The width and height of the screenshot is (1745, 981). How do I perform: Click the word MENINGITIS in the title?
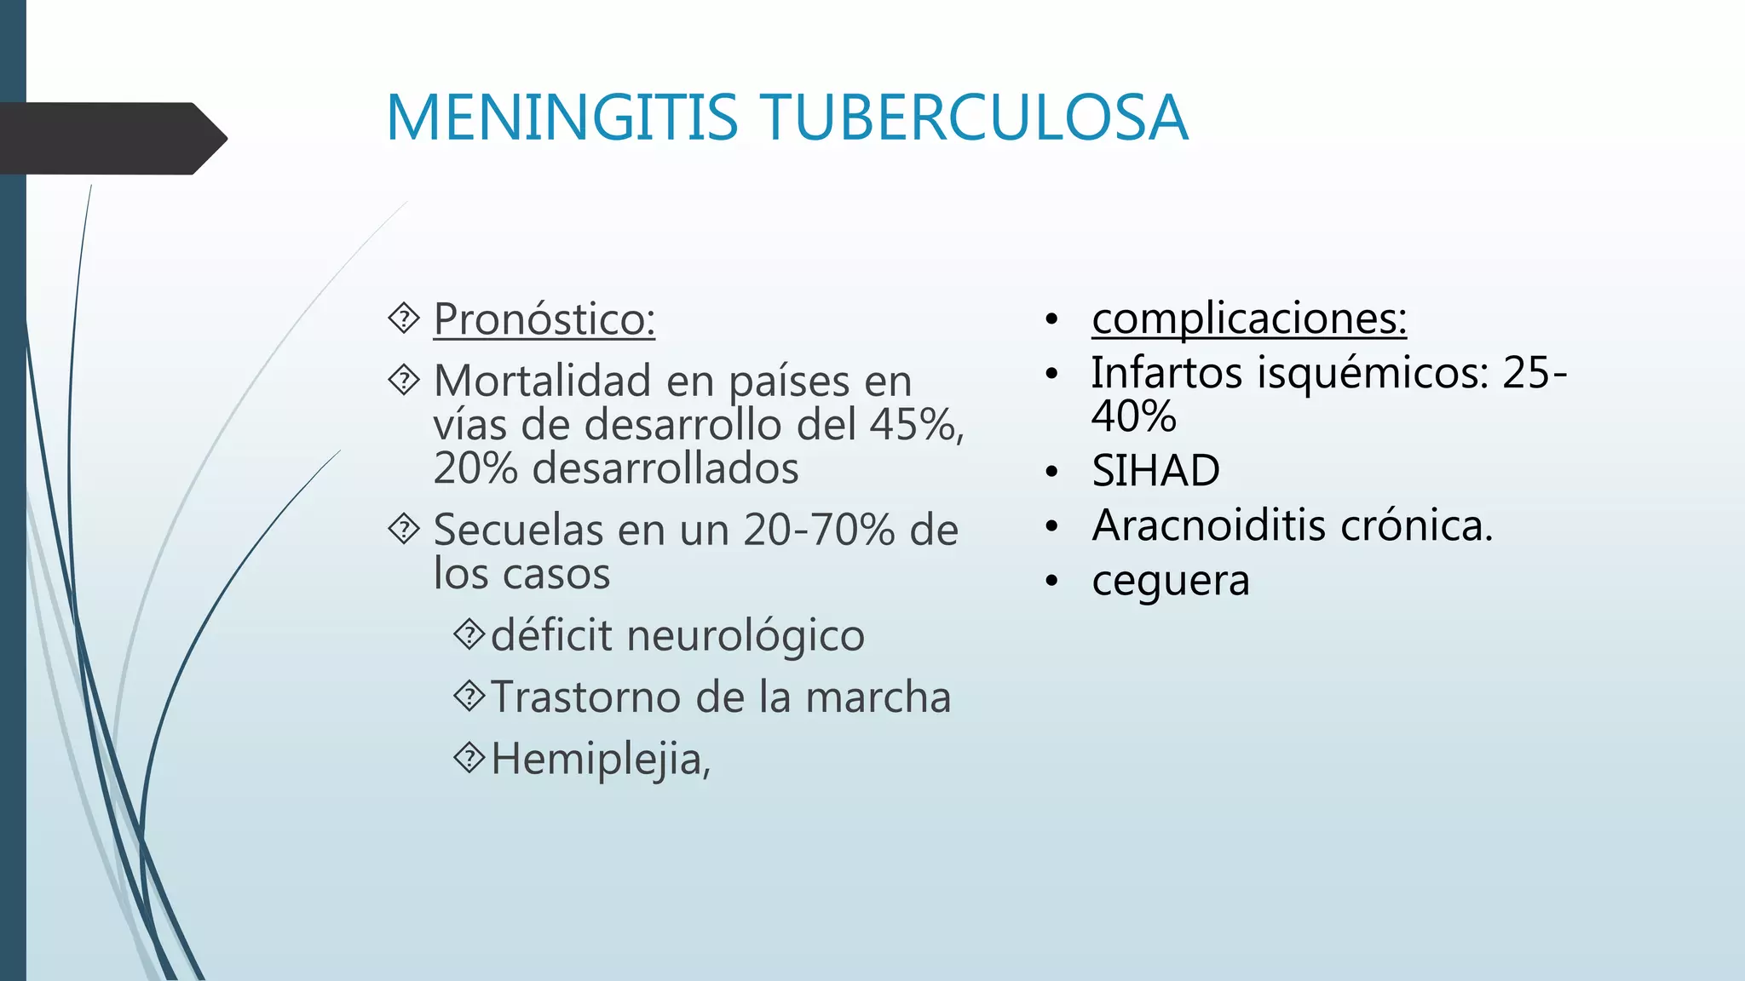pos(562,118)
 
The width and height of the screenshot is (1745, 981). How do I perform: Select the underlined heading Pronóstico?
pos(544,319)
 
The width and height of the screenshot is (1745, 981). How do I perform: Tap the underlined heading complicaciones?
pos(1248,318)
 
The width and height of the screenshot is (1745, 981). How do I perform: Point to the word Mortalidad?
pos(542,381)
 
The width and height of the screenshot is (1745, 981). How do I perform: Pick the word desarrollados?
pos(665,468)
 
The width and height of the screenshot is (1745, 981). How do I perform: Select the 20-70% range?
pos(818,530)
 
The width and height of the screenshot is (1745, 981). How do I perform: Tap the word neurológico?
pos(746,636)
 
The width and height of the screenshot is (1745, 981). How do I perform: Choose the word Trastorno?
pos(586,697)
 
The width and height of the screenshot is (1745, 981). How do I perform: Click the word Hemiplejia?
pos(596,759)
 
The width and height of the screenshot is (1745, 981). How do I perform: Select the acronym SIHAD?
pos(1155,471)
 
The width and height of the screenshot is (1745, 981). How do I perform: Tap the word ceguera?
pos(1170,581)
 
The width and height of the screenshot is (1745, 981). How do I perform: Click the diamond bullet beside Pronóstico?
pos(403,318)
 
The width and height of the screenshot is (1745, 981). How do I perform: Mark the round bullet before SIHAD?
pos(1052,472)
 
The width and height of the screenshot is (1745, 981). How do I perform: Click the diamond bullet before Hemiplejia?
pos(469,757)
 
